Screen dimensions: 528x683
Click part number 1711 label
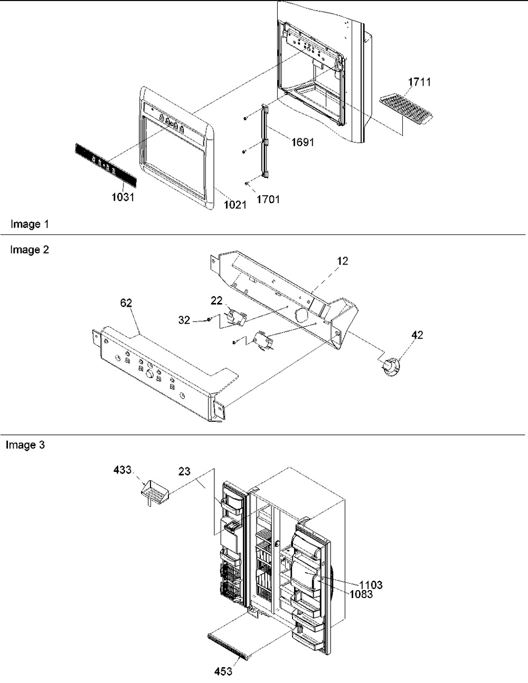(419, 82)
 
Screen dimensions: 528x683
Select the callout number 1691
(303, 142)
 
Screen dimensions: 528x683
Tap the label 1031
(123, 197)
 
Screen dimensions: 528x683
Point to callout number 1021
(235, 205)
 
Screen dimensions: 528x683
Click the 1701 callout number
(268, 199)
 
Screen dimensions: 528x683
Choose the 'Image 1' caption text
(30, 224)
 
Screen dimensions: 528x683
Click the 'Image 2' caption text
(30, 250)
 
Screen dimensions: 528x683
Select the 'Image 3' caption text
(25, 445)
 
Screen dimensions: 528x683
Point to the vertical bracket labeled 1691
(265, 141)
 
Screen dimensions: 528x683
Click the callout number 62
(126, 303)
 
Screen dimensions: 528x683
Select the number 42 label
(417, 335)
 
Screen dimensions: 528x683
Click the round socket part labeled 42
(390, 367)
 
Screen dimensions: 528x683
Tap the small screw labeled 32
(209, 320)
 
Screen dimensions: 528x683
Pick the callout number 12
(343, 261)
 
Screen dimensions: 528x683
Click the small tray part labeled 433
(154, 491)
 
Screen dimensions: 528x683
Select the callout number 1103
(371, 585)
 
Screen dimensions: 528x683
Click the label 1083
(361, 594)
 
